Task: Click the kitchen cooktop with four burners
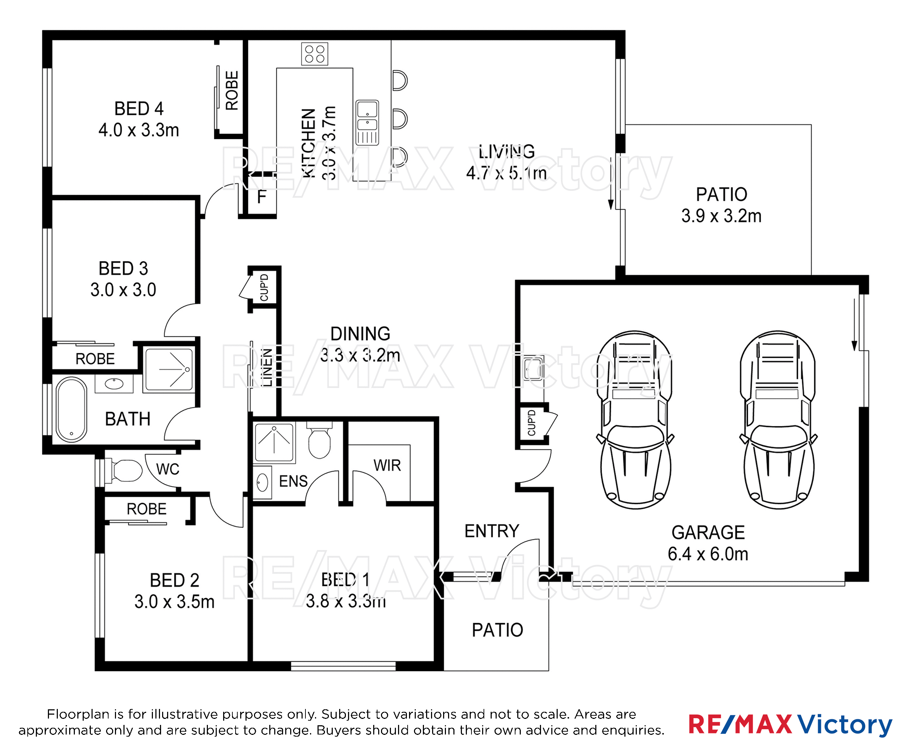(315, 54)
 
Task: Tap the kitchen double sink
(367, 123)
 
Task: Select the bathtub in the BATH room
(72, 410)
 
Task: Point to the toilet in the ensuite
(319, 440)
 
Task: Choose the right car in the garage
(778, 420)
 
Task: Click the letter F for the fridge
(261, 197)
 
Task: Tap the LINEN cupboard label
(267, 367)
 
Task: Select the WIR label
(387, 465)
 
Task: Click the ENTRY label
(492, 531)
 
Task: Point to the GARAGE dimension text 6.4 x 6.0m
(708, 554)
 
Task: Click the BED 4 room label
(139, 109)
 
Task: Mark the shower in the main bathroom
(169, 370)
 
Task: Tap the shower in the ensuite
(275, 443)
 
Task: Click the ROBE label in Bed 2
(147, 509)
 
